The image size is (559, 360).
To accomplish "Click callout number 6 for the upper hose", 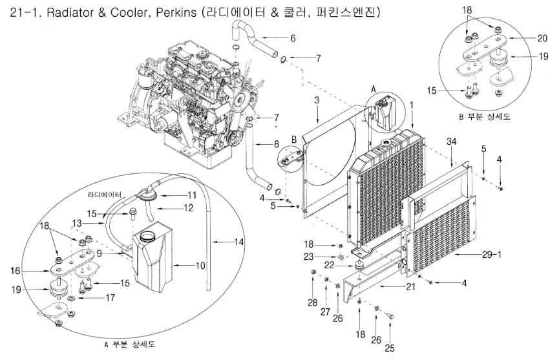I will (x=292, y=39).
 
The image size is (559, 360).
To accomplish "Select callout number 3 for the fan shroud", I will (x=317, y=100).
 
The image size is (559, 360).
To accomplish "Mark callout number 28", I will (x=312, y=302).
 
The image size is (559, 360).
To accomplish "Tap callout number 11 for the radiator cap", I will (x=191, y=194).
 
